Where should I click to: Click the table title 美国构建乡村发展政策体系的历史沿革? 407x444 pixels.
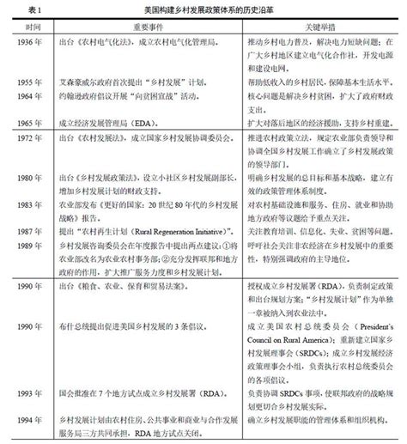203,8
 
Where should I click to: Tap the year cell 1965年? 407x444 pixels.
28,123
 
